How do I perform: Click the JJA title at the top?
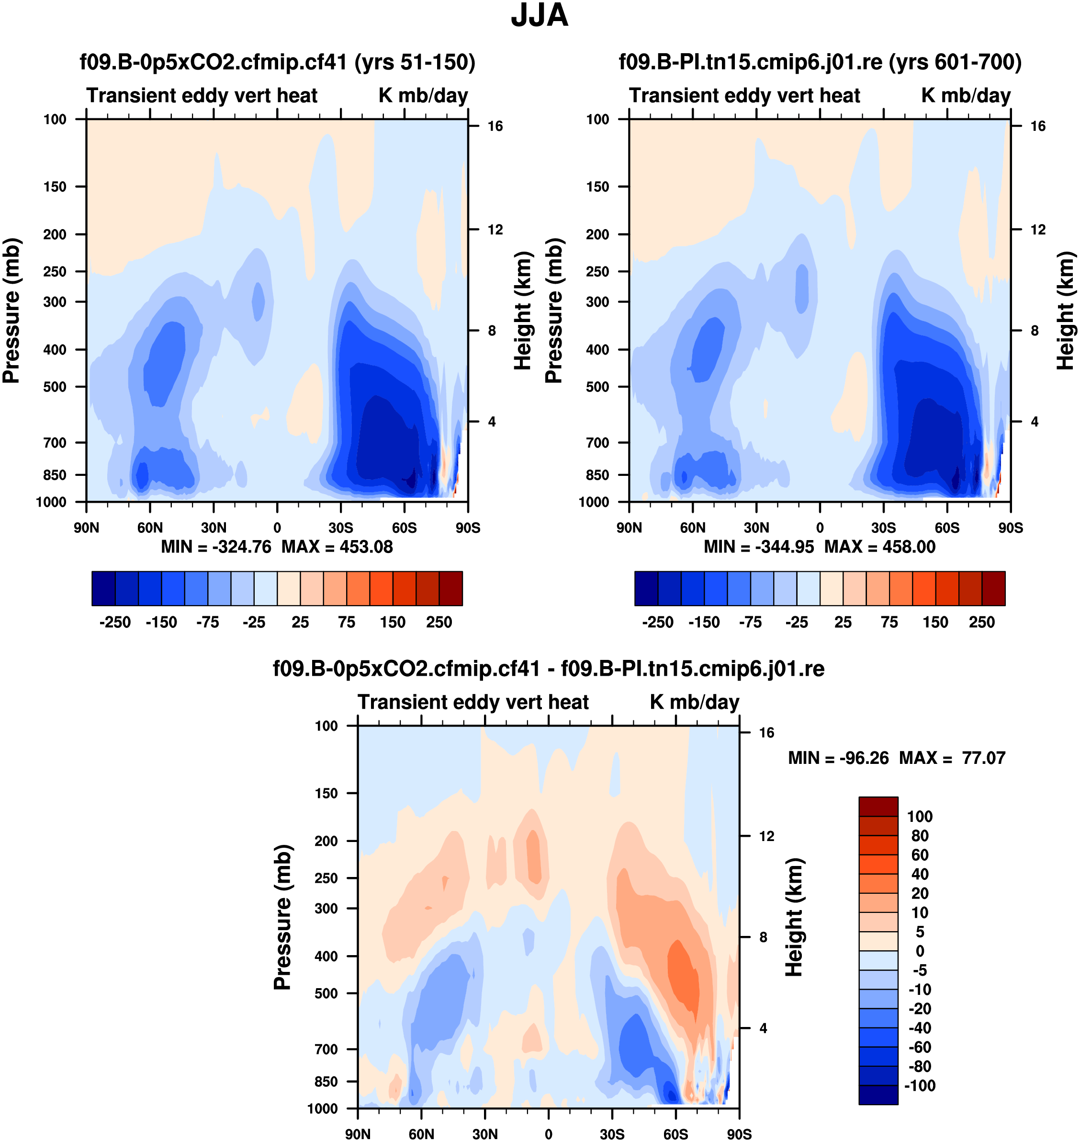[x=540, y=16]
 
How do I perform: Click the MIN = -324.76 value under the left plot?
[x=216, y=547]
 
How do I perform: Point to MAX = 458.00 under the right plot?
[x=880, y=547]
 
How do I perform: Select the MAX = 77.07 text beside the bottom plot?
[x=952, y=758]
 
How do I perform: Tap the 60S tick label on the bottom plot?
[x=675, y=1134]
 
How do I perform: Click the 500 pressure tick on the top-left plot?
[x=55, y=387]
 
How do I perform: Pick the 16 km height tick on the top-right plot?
[x=1037, y=126]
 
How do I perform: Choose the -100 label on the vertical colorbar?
[x=920, y=1085]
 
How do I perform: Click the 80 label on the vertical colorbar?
[x=920, y=835]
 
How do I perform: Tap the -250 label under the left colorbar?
[x=115, y=623]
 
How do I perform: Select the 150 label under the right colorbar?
[x=935, y=623]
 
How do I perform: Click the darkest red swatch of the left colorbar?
[x=451, y=588]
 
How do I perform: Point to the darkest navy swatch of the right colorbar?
[x=646, y=588]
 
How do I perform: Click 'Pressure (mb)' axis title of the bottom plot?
[x=282, y=917]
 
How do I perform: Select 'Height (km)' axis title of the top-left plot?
[x=522, y=311]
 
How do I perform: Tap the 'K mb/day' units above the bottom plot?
[x=694, y=703]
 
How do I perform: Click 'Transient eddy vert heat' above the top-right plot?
[x=744, y=96]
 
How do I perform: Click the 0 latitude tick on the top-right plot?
[x=820, y=528]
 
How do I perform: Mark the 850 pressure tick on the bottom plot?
[x=326, y=1082]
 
